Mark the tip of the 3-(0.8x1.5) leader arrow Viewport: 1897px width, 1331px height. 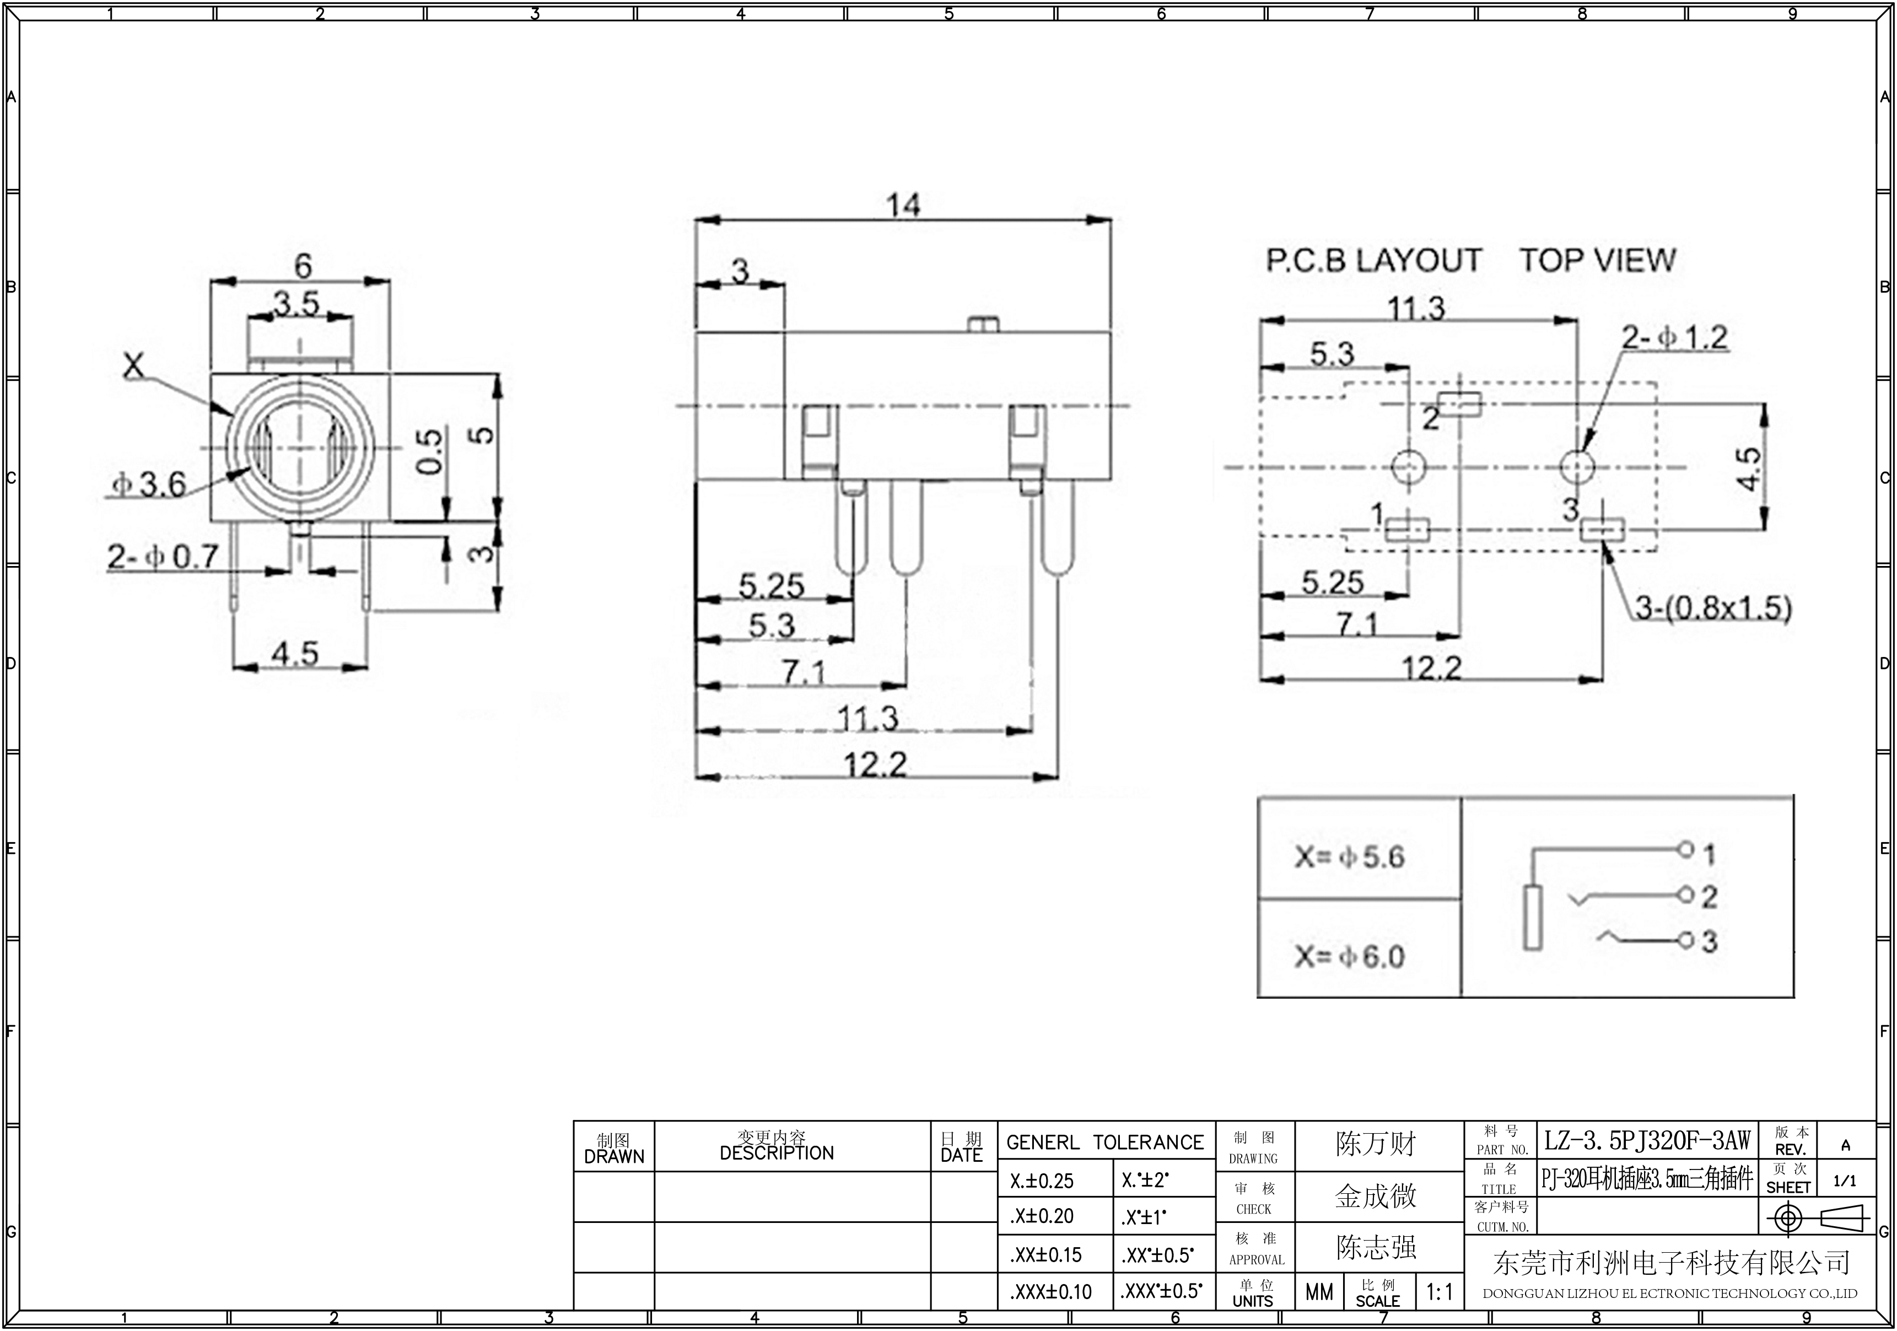[x=1604, y=542]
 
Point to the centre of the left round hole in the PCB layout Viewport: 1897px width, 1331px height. [x=1408, y=467]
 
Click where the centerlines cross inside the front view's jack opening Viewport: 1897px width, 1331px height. [x=299, y=447]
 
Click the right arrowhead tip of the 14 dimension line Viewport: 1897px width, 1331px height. [x=1111, y=220]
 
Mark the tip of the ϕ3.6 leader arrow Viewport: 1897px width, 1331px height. [x=251, y=467]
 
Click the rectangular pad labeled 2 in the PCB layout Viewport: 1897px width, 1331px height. [x=1460, y=404]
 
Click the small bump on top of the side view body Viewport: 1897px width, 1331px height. [x=982, y=324]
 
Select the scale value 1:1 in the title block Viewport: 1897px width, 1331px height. [x=1439, y=1291]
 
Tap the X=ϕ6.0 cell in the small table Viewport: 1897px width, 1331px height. [x=1359, y=949]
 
